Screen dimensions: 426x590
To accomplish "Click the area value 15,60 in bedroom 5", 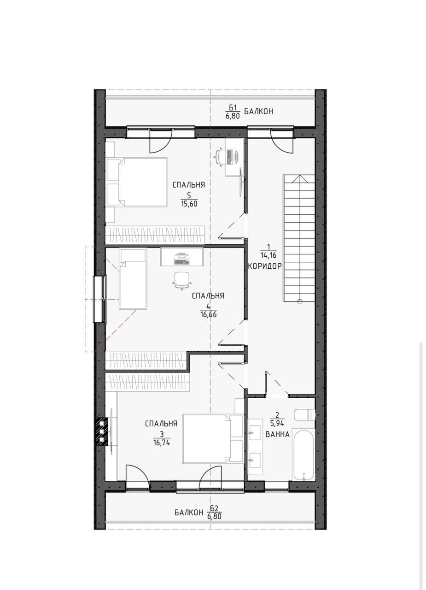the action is tap(189, 204).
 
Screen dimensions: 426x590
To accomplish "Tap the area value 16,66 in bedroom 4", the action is tap(208, 314).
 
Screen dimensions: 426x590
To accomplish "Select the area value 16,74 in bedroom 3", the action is tap(162, 443).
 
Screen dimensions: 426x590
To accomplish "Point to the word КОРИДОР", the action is tap(265, 266).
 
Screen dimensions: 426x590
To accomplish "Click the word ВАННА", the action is tap(277, 435).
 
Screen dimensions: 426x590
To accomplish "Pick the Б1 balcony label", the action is tap(233, 112).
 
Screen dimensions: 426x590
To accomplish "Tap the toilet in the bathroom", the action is tap(304, 415).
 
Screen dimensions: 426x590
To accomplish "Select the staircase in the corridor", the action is tap(299, 238).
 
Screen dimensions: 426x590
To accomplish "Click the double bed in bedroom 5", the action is tap(137, 182).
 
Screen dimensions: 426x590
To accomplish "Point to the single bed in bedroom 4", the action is tap(133, 279).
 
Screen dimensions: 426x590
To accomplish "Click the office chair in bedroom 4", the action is tap(181, 281).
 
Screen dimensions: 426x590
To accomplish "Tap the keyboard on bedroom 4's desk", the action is tap(181, 262).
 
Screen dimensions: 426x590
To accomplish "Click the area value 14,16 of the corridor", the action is tap(268, 255).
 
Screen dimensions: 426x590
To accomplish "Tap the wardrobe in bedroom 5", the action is tap(155, 235).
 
